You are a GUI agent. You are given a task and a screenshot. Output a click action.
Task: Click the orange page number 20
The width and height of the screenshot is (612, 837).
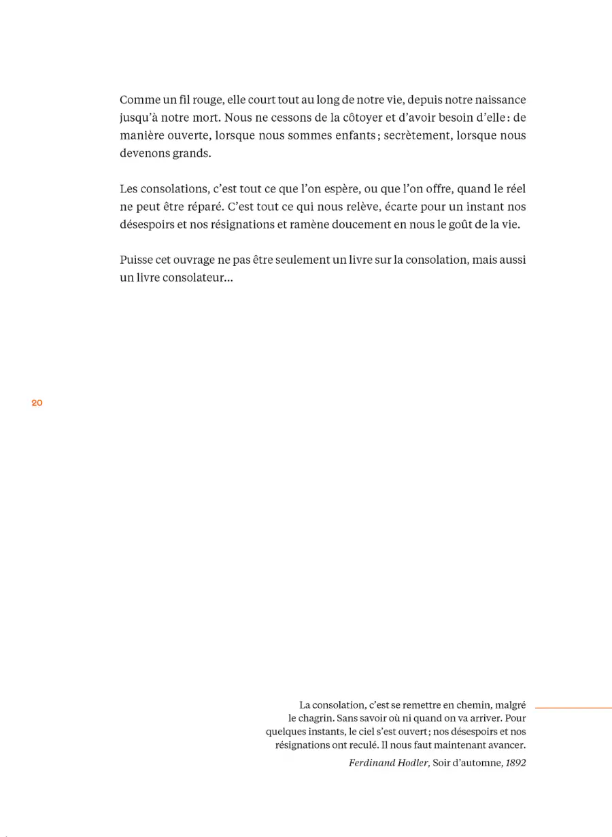point(37,403)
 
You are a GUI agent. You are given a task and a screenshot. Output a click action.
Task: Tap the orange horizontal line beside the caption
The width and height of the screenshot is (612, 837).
point(573,708)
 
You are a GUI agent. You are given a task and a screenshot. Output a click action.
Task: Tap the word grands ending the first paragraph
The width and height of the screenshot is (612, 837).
point(191,153)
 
